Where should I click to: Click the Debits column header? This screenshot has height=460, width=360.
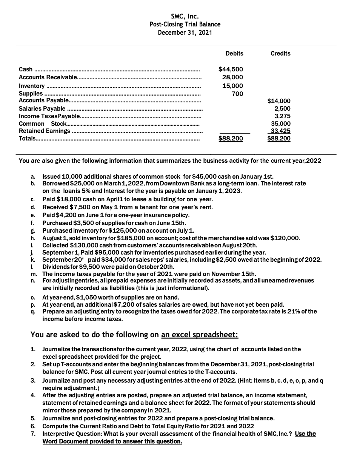(x=234, y=54)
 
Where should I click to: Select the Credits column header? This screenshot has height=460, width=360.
(x=280, y=54)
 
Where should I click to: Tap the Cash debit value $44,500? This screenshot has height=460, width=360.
(x=231, y=69)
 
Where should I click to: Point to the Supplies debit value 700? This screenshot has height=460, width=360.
(x=237, y=94)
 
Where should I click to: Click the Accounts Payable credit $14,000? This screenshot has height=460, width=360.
(x=278, y=101)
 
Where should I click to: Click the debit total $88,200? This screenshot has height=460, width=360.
(x=231, y=139)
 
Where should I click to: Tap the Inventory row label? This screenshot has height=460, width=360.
(x=32, y=86)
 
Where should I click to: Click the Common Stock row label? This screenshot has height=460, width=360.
(x=42, y=123)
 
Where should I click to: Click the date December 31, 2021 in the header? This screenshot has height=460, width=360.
(x=185, y=32)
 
